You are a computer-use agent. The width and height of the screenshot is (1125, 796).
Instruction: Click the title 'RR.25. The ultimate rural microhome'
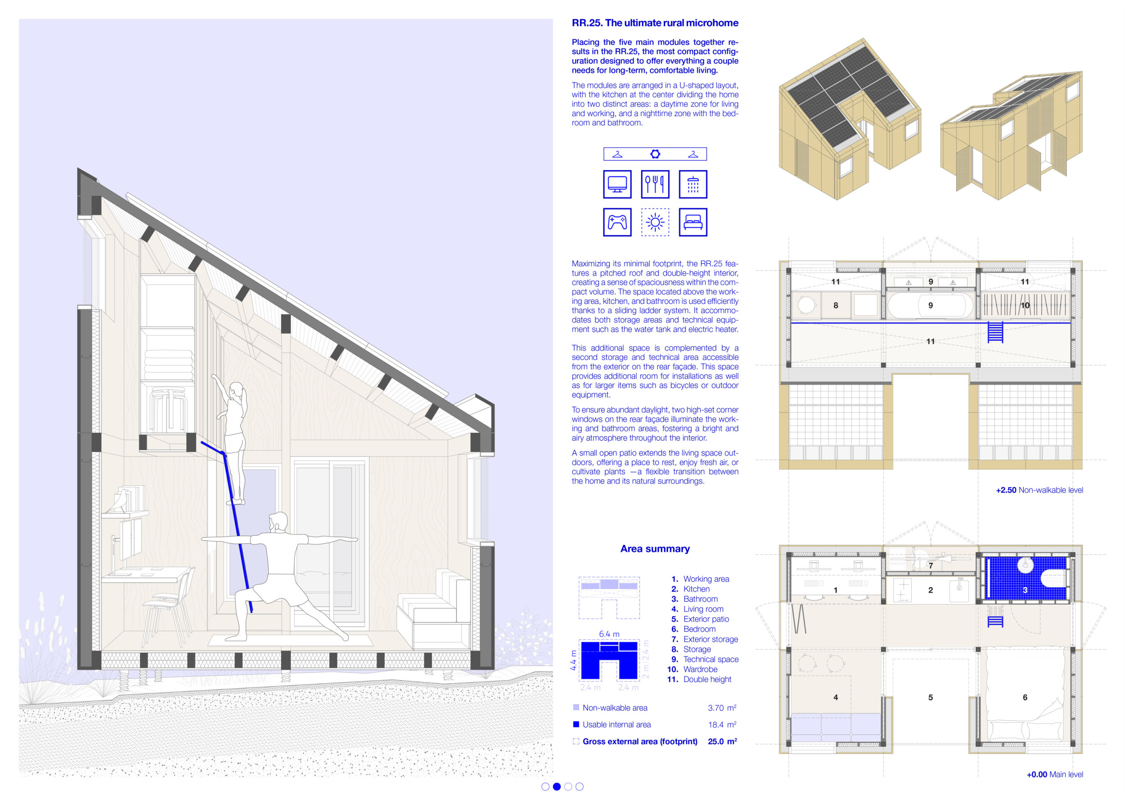655,23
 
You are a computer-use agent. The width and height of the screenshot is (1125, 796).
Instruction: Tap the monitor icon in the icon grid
617,184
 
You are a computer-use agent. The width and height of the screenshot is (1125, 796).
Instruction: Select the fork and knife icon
655,184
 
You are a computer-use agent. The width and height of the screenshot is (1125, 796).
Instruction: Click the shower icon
693,184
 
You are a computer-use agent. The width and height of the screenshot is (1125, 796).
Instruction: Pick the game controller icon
617,222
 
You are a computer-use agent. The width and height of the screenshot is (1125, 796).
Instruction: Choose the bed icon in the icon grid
693,222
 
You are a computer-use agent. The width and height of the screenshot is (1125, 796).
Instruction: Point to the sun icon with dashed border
655,222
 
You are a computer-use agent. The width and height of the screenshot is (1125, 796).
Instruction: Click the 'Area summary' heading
655,548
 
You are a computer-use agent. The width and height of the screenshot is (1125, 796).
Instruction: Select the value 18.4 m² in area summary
722,724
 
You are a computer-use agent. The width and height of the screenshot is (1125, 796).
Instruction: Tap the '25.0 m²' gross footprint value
722,741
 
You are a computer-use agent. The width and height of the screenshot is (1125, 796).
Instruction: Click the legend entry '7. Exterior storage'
705,639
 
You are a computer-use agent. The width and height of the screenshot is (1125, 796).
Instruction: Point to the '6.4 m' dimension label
609,634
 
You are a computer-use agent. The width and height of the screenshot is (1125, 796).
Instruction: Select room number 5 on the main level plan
931,697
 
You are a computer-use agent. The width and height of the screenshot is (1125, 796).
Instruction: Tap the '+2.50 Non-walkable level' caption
1039,490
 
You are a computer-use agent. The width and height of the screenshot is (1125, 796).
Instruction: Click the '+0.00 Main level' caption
1055,774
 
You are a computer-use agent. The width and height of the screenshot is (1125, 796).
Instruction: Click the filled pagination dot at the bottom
557,787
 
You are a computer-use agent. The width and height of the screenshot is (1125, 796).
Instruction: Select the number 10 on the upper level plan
1025,305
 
